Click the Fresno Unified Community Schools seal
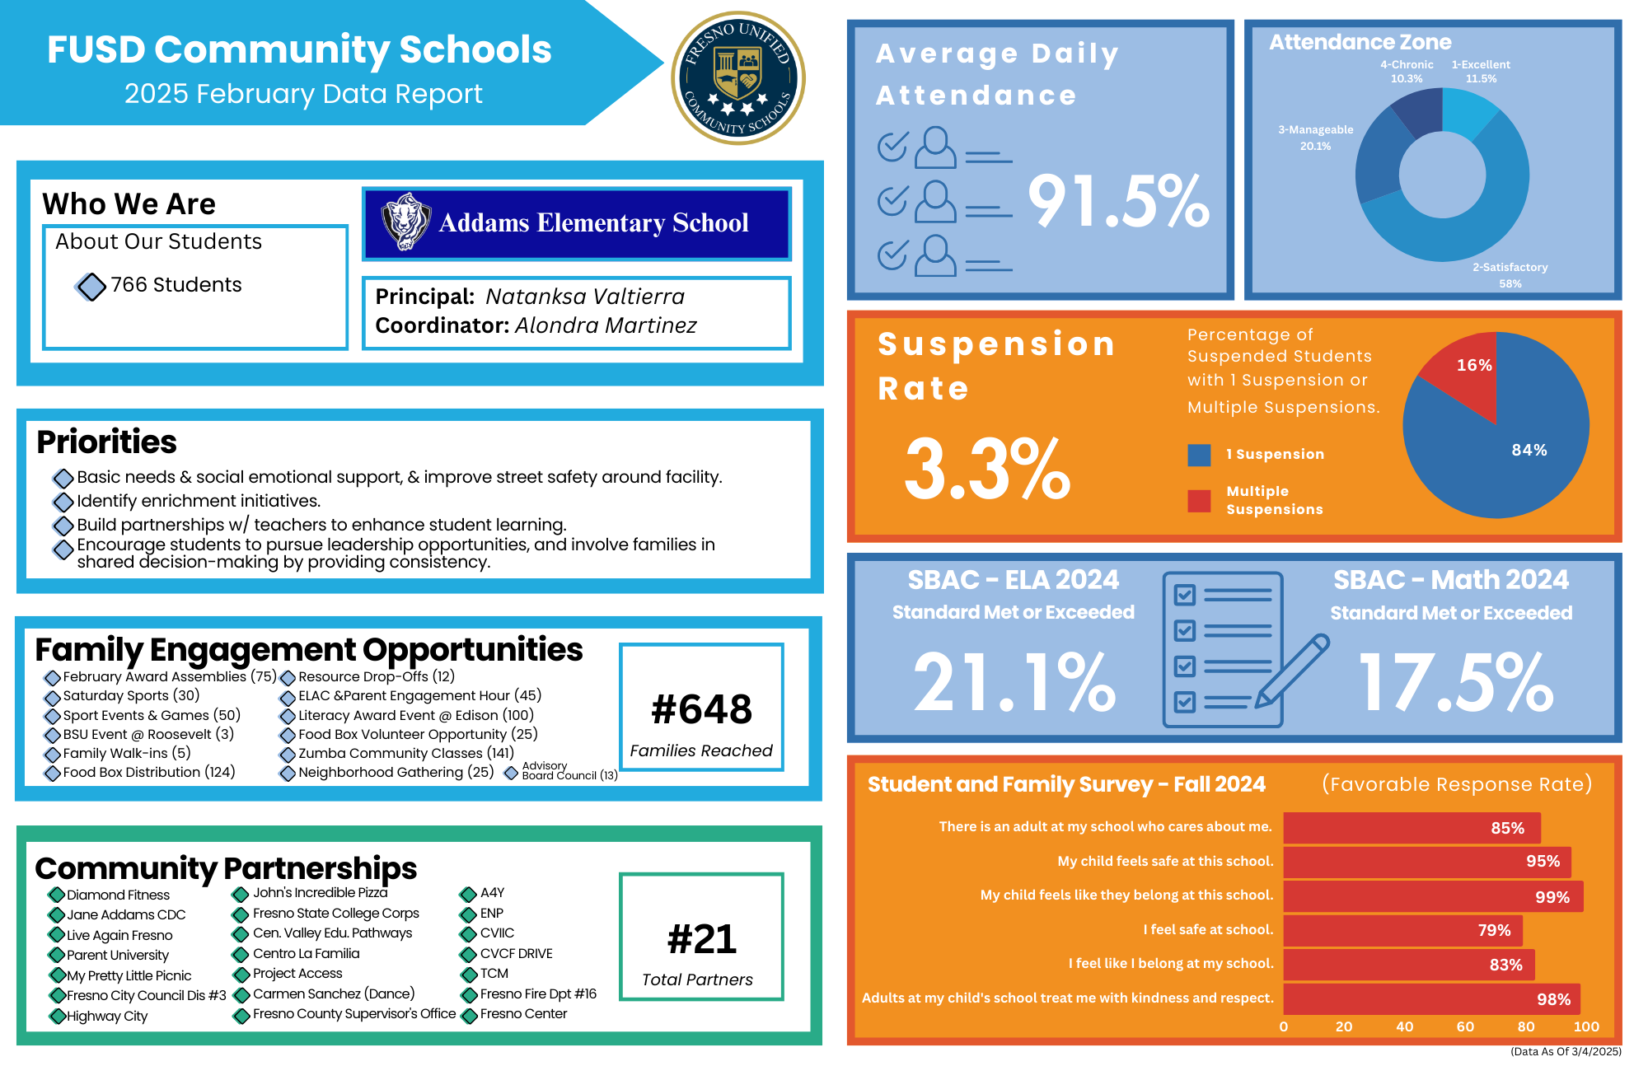[x=738, y=78]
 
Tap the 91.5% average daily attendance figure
[x=1118, y=202]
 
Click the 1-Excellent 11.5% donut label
[x=1481, y=72]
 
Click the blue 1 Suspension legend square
[x=1199, y=455]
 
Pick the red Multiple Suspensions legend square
[x=1199, y=501]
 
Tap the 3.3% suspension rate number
[x=987, y=470]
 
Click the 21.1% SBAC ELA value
[x=1014, y=682]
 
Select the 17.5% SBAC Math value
[x=1455, y=682]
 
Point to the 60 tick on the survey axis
[x=1465, y=1026]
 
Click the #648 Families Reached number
[x=701, y=709]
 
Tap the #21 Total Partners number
[x=701, y=939]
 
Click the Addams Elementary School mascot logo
[x=405, y=222]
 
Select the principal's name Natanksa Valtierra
[x=585, y=297]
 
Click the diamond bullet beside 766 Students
[x=91, y=287]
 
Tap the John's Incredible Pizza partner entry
[x=320, y=893]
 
